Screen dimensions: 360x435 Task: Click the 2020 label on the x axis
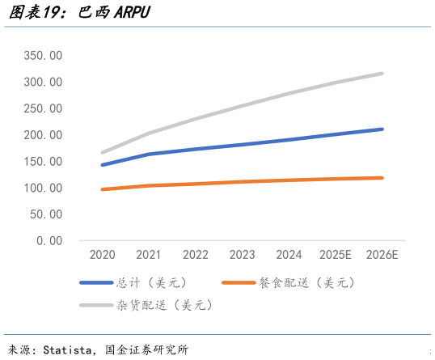[x=102, y=255]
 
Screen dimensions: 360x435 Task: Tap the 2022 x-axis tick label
[x=196, y=255]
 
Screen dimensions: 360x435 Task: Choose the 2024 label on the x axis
[x=289, y=255]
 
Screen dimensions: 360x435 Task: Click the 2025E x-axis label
[x=336, y=255]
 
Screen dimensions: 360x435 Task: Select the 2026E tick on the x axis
[x=382, y=255]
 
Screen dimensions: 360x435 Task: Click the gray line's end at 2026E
[x=382, y=74]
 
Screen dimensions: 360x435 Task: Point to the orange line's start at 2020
[x=102, y=189]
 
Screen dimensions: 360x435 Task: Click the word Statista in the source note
[x=70, y=350]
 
